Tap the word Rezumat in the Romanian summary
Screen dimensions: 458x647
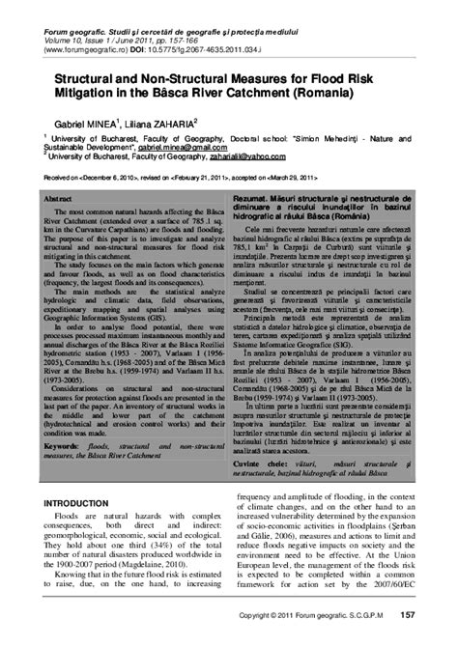click(254, 196)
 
